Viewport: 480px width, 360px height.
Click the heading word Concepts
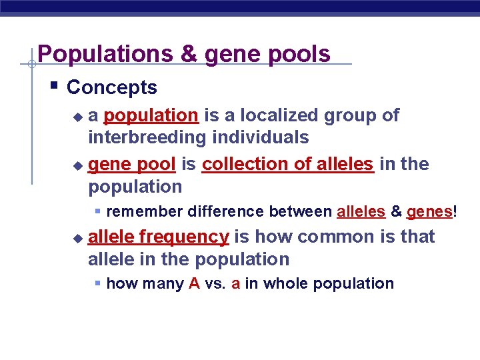[x=112, y=87]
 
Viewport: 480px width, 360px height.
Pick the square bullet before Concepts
[x=54, y=85]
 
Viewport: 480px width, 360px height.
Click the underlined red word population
[x=151, y=116]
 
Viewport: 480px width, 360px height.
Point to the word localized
[x=280, y=115]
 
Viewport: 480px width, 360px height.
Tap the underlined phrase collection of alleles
[x=287, y=164]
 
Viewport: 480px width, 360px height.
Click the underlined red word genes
[x=429, y=212]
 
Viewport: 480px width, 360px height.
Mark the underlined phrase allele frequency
[x=159, y=237]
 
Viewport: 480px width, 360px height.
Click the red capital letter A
[x=195, y=283]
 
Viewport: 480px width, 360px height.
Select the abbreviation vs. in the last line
[x=216, y=283]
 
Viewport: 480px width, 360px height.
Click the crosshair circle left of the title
[x=31, y=65]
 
